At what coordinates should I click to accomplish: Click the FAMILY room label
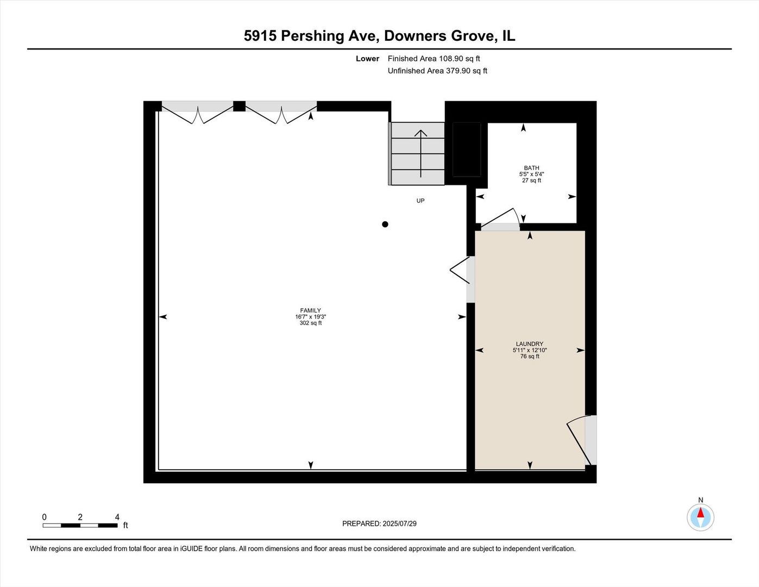point(310,310)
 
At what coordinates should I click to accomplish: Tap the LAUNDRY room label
point(529,344)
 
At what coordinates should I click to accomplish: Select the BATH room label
point(531,168)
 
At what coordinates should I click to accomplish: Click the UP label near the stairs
point(420,201)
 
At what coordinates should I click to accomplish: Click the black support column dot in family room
point(385,224)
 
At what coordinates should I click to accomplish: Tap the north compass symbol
point(700,516)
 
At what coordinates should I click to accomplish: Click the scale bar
point(80,525)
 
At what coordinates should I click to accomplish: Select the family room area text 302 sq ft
point(310,323)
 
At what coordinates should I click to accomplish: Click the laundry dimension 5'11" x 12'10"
point(529,350)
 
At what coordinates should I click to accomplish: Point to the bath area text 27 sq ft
point(531,180)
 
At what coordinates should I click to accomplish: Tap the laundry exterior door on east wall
point(582,440)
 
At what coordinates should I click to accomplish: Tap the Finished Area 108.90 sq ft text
point(434,59)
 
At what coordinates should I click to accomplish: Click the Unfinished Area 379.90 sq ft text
point(437,71)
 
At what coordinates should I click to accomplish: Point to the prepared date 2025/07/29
point(399,523)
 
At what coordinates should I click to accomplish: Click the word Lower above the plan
point(367,59)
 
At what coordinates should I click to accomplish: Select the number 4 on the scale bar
point(117,517)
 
